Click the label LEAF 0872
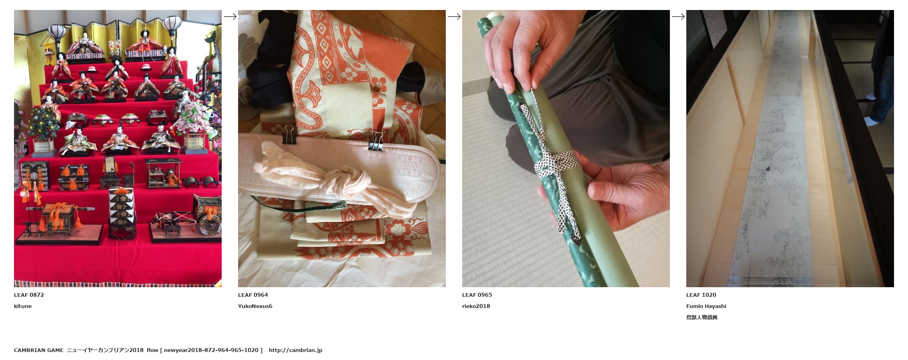coord(29,295)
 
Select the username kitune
coord(23,306)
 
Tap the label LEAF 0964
coord(253,295)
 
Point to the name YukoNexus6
coord(255,306)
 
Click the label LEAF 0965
coord(477,295)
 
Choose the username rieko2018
coord(476,306)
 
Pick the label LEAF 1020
coord(701,295)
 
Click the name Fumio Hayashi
coord(706,306)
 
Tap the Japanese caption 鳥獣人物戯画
coord(702,317)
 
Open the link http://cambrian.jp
coord(295,350)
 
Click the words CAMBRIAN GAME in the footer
coord(38,350)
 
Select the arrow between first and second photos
coord(230,16)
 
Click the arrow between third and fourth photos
coord(678,16)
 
